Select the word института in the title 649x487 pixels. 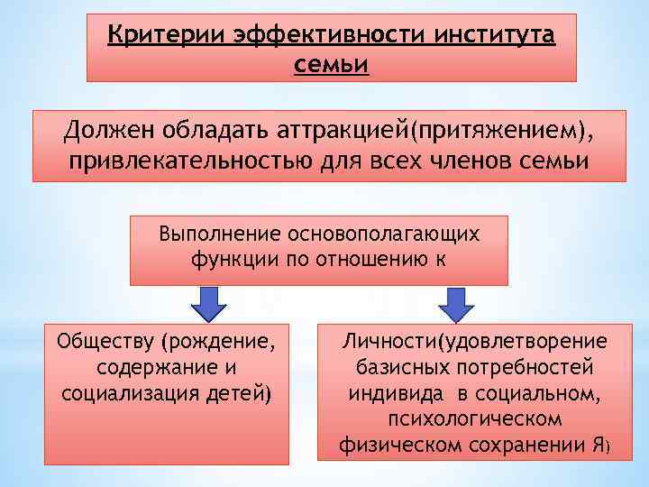click(484, 36)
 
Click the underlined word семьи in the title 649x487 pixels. click(332, 65)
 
